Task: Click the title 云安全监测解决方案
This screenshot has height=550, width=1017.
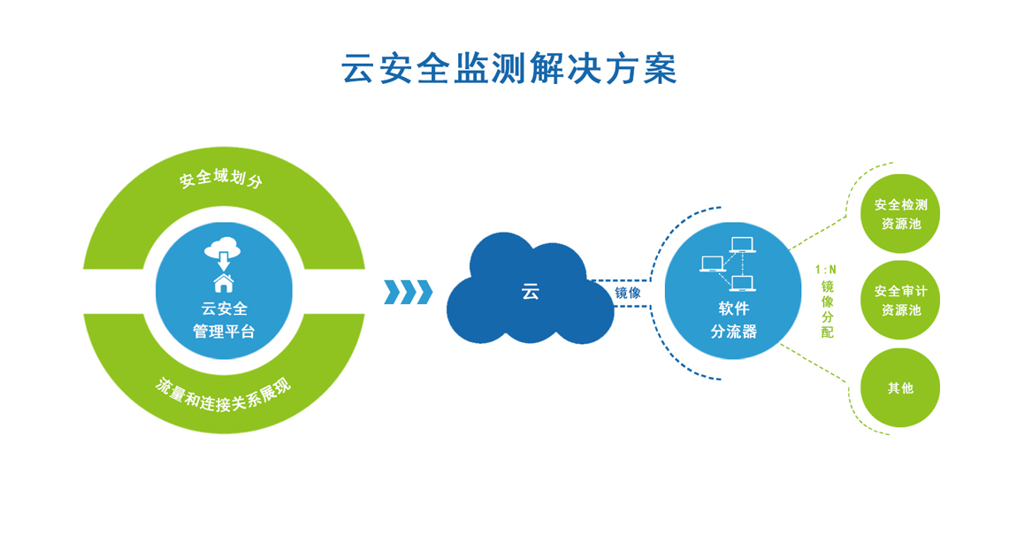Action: point(509,69)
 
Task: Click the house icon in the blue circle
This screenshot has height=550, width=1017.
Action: point(224,282)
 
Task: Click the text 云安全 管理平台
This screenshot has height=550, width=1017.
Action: point(224,320)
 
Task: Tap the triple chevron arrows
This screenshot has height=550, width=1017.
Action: point(409,292)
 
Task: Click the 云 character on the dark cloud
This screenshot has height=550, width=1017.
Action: point(530,292)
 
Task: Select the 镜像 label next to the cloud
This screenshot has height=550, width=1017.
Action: point(628,292)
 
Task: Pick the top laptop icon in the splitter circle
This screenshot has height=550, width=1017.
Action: point(742,244)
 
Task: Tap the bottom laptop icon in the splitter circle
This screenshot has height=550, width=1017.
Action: point(742,284)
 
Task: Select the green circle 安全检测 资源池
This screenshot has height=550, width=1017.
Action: point(900,214)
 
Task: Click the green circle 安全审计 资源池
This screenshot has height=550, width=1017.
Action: point(900,301)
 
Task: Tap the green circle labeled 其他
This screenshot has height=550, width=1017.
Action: point(900,387)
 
